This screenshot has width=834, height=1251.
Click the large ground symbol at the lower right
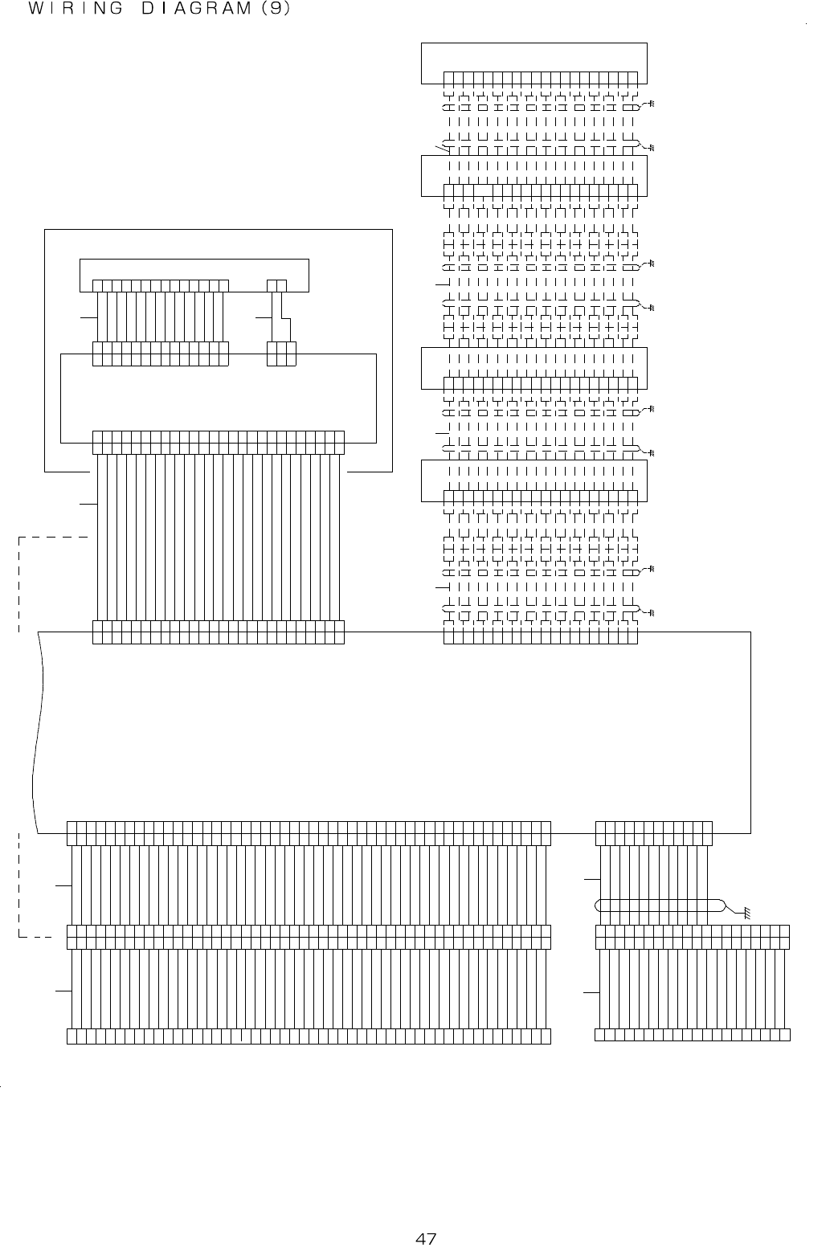(746, 913)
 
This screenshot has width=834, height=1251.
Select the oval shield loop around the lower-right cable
(659, 905)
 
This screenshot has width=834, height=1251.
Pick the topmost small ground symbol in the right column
(652, 104)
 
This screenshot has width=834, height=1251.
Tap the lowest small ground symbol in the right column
(652, 613)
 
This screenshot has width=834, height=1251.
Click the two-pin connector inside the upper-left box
(277, 285)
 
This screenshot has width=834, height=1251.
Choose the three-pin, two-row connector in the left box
(281, 354)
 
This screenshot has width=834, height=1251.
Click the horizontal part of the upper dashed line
(52, 537)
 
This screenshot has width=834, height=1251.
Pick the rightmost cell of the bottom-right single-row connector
(785, 1034)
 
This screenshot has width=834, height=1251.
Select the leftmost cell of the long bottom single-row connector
(72, 1035)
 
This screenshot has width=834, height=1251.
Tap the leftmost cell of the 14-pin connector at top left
(98, 285)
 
